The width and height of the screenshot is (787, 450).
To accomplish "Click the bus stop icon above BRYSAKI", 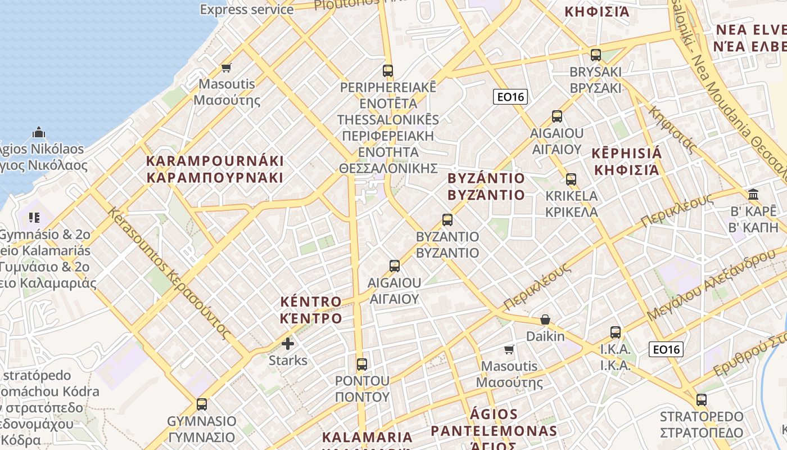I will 596,55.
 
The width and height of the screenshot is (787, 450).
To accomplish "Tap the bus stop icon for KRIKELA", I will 571,179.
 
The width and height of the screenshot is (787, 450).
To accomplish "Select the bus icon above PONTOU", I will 362,364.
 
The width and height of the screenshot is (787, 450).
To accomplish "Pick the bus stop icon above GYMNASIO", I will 202,404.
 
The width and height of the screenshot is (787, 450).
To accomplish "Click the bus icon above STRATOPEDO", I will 702,400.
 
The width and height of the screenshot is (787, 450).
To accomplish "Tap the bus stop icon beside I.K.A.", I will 616,332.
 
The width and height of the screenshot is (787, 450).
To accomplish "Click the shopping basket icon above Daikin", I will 545,319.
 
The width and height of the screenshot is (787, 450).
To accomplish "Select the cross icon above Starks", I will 288,343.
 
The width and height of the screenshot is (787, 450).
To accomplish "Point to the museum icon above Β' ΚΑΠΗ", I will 753,195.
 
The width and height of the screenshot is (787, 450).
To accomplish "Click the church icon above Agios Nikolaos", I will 39,132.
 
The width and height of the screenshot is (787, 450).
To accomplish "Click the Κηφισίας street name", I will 672,129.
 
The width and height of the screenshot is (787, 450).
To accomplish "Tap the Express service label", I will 247,9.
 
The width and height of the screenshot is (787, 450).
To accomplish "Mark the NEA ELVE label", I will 750,30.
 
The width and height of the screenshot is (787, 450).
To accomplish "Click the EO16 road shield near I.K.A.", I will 666,349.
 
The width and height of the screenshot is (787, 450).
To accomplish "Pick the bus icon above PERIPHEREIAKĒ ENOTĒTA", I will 388,70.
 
